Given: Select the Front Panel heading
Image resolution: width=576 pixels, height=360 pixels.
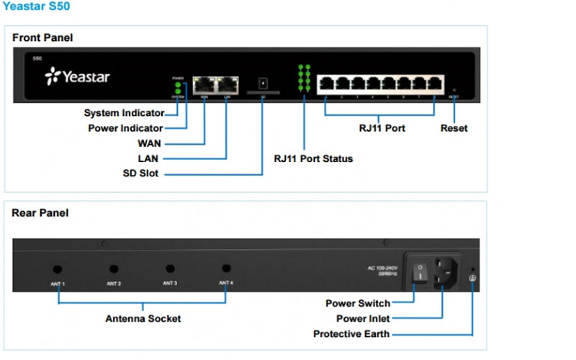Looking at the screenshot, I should coord(42,37).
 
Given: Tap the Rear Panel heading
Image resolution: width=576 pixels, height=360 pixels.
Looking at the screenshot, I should coord(40,213).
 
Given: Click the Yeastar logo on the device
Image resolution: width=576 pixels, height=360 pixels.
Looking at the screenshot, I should coord(77,76).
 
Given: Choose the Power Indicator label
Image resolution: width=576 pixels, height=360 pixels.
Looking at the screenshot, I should coord(126,128).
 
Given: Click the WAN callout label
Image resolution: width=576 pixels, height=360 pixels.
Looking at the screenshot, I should coord(149,143).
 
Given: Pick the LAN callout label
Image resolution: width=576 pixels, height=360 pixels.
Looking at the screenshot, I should coord(149,158).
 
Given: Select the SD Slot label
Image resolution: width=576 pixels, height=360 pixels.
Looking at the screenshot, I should coord(140,174).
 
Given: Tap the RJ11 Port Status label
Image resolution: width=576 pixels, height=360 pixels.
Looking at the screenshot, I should coord(313,158).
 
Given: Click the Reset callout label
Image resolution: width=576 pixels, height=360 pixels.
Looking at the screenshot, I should coord(454,128).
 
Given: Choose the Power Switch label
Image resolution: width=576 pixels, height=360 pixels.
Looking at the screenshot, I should coord(358,303).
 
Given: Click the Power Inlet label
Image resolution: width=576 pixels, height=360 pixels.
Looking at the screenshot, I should coord(363,318).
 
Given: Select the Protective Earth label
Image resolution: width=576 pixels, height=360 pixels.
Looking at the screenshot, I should coord(351,334).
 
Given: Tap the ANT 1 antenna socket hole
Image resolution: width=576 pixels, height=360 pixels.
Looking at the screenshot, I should coord(58,269).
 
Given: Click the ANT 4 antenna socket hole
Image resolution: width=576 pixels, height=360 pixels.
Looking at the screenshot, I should coord(226,269).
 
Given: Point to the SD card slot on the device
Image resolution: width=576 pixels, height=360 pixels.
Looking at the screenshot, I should coord(263,82).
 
